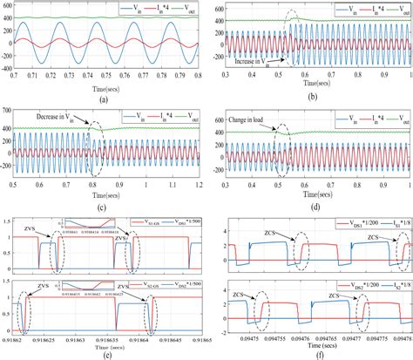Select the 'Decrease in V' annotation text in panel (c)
[58, 115]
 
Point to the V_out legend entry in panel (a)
[186, 10]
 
